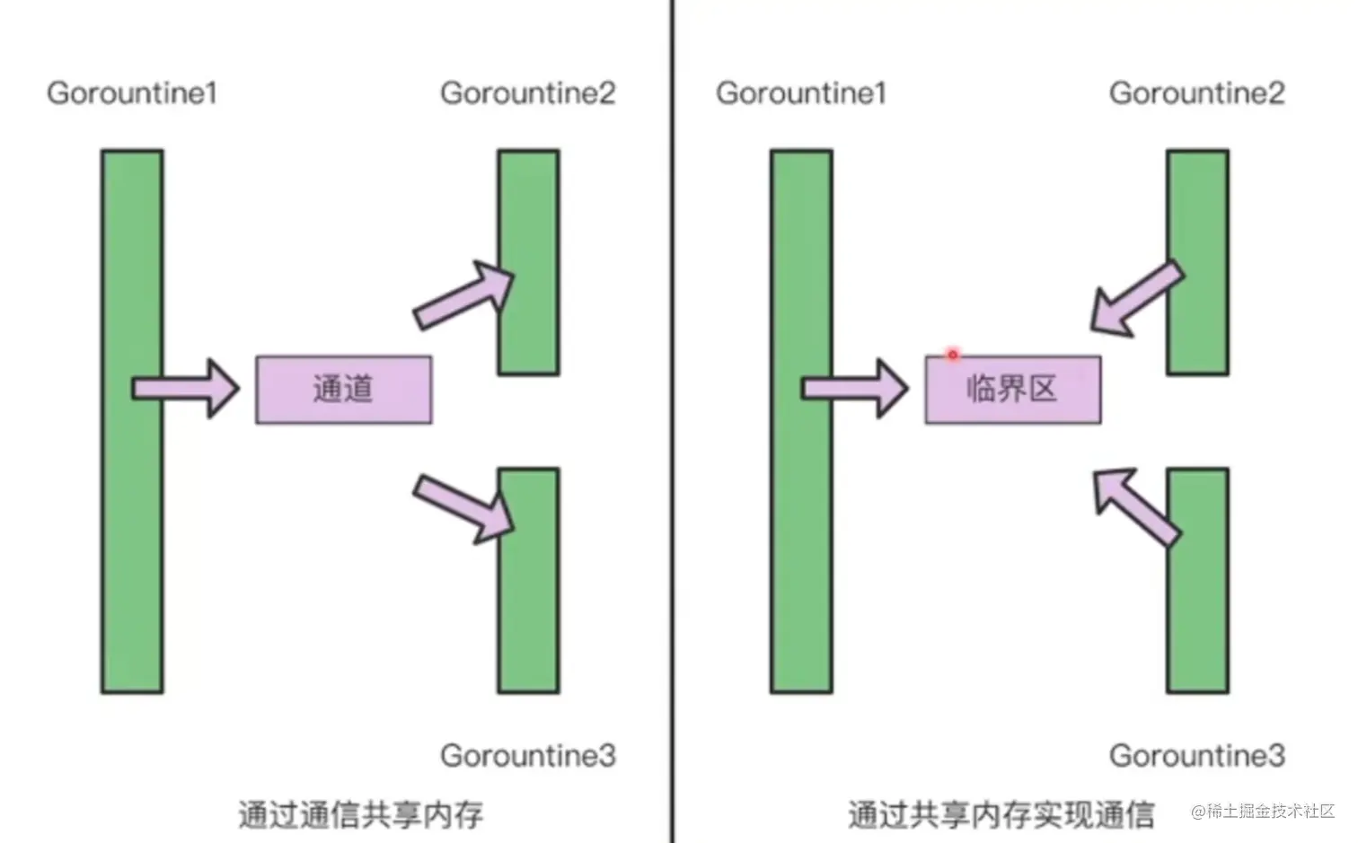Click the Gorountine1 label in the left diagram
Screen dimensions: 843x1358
(132, 93)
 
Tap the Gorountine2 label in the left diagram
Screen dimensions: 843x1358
(528, 93)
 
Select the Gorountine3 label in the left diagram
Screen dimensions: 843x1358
(528, 756)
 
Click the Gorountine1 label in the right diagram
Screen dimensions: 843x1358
(801, 93)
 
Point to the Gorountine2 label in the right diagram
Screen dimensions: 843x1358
(1197, 93)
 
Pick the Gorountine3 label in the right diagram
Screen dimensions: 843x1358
(1197, 756)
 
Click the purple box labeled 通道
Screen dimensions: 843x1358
(344, 390)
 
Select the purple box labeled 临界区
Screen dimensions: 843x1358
(1013, 390)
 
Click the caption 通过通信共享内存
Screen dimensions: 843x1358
(361, 815)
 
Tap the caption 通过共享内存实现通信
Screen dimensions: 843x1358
(1001, 815)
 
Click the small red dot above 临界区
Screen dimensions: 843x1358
(953, 355)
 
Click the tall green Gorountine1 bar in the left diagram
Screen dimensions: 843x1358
(132, 539)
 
